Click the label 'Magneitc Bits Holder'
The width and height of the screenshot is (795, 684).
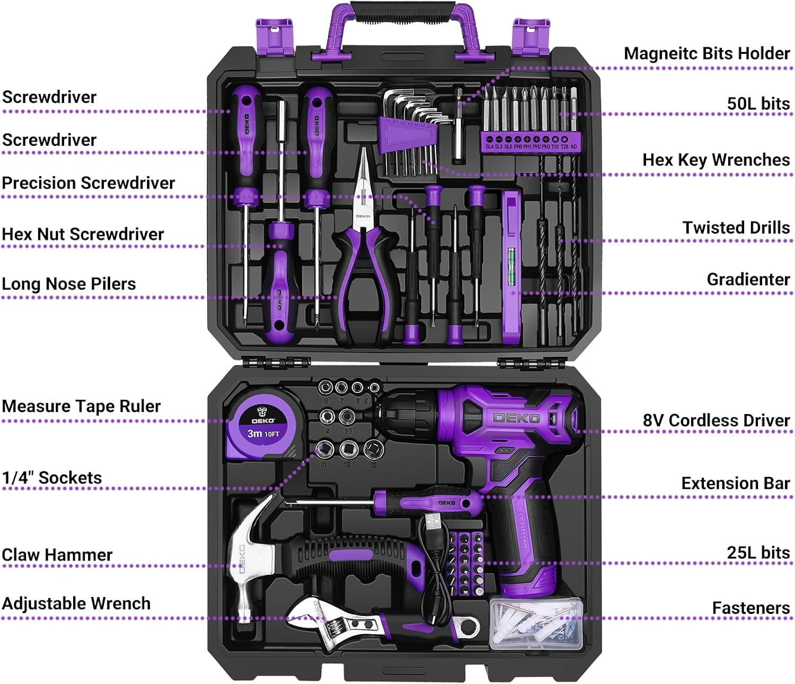(x=706, y=53)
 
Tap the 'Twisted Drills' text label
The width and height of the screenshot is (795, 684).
(x=736, y=227)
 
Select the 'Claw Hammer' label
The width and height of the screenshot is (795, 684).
(x=57, y=555)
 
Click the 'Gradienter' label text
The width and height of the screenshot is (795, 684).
(x=748, y=279)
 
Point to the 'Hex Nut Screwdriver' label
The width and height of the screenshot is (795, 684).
(x=83, y=234)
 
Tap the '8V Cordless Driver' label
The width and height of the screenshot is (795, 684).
(x=715, y=420)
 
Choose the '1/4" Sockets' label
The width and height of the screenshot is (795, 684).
(x=52, y=477)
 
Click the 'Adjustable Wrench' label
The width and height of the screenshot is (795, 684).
(x=76, y=603)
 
